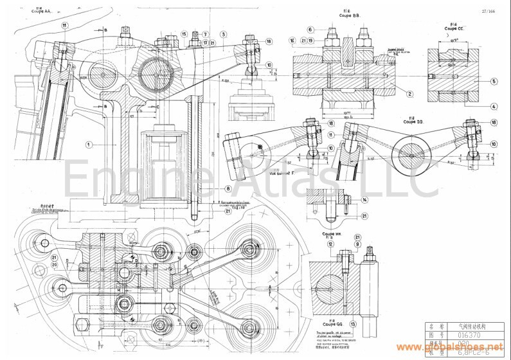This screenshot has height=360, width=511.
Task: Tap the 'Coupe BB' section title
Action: pos(333,14)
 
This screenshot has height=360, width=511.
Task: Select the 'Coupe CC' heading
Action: pos(455,28)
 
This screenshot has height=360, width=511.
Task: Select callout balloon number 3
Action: pos(222,34)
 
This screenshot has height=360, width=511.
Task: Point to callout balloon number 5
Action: pos(494,82)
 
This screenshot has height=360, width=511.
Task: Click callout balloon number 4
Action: pos(494,106)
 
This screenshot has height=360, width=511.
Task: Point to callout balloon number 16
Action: pos(292,40)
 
